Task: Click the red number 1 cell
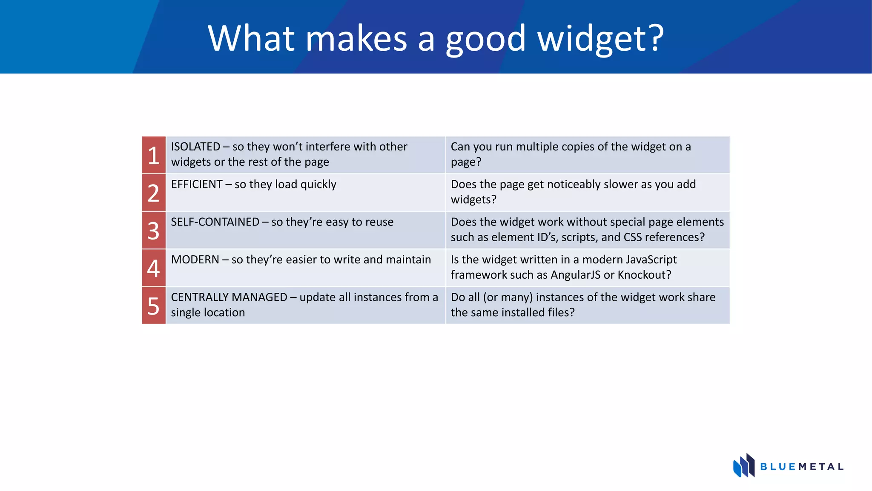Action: (154, 155)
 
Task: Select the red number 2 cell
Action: (154, 193)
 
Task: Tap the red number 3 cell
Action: (154, 230)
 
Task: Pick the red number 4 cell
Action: (154, 268)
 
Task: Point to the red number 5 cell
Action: (154, 306)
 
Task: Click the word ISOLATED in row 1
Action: (195, 147)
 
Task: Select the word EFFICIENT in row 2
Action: (197, 184)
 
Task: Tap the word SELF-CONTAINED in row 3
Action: (215, 222)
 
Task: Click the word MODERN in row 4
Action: (195, 260)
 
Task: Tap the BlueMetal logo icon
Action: (743, 465)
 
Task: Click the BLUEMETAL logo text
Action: (802, 467)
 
